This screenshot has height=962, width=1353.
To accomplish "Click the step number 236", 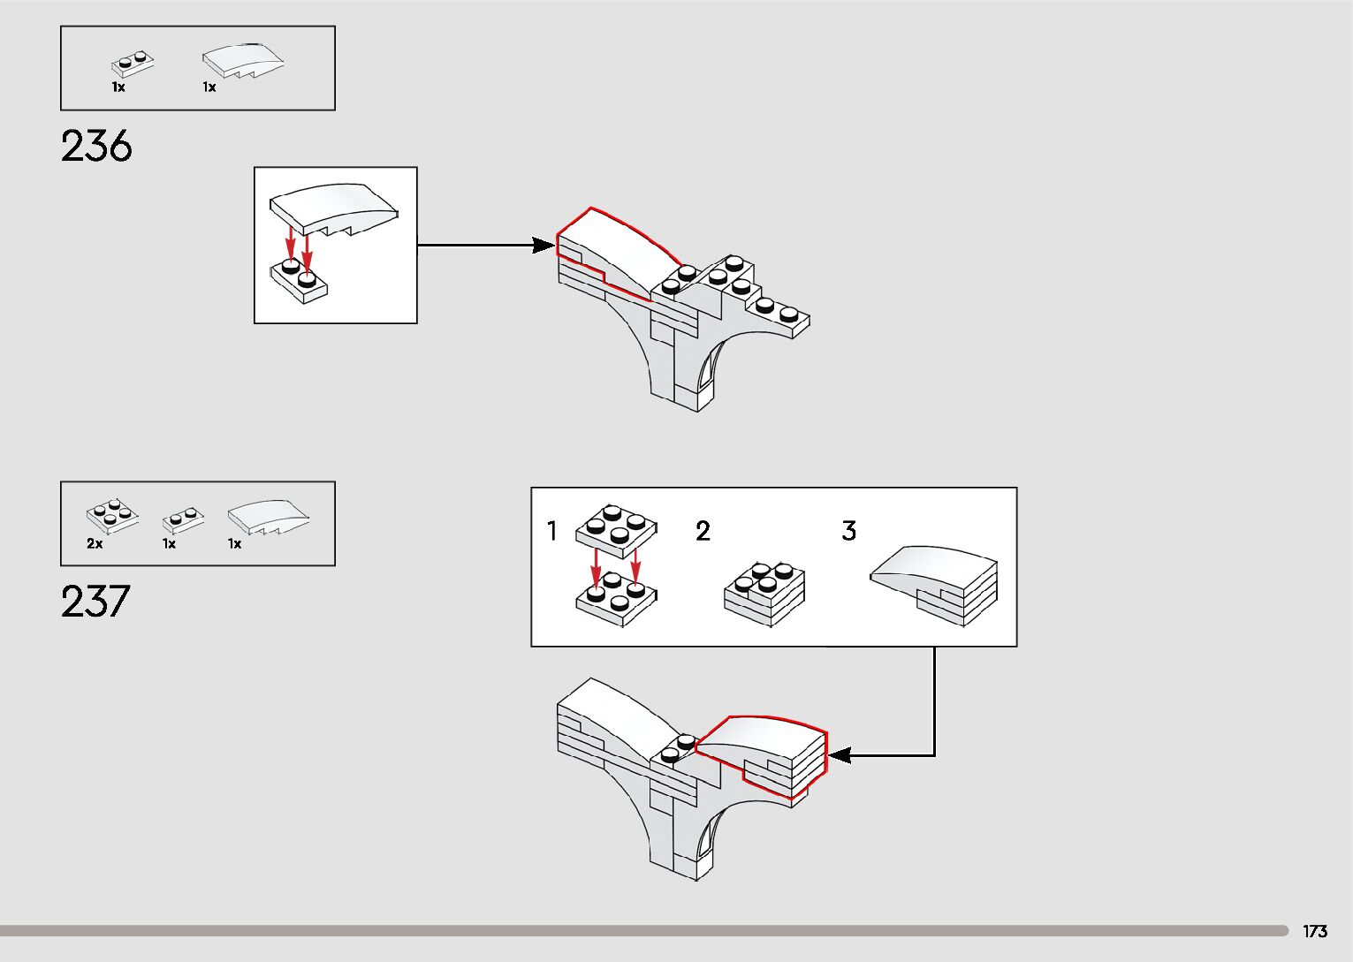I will pos(96,146).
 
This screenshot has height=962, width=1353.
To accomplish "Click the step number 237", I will pos(95,602).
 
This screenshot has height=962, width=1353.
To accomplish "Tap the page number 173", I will pos(1314,931).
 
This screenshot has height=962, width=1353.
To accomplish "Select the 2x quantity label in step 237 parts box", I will pos(95,544).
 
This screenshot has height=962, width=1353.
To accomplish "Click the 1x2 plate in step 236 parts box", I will pos(133,64).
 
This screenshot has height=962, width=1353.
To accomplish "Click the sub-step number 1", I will pos(552,531).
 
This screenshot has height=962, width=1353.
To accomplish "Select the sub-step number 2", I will pos(703,531).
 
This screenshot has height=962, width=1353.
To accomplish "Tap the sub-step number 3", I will pos(848,531).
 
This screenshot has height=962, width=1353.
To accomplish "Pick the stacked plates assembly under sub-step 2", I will pos(764,593).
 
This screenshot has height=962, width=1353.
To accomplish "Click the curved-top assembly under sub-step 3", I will pos(937,583).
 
